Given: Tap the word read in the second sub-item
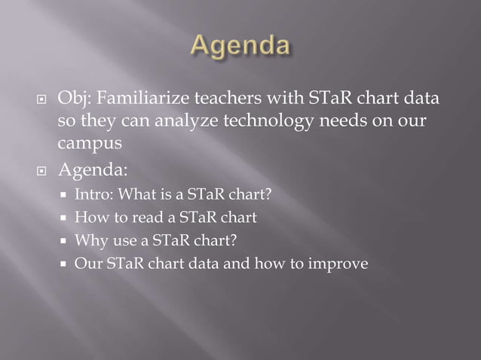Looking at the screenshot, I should click(131, 218).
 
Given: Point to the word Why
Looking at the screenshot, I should click(87, 241).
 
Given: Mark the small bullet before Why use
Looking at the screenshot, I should click(65, 242).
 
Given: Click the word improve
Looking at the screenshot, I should click(343, 264).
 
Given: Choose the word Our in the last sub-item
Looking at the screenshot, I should click(86, 264).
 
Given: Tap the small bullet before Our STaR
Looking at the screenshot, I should click(65, 264).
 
